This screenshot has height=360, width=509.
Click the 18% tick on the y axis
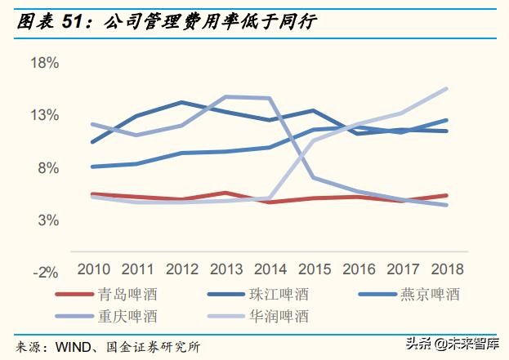pyautogui.click(x=44, y=63)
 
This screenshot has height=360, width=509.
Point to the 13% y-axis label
pyautogui.click(x=44, y=115)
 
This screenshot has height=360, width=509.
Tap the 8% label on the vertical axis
pyautogui.click(x=48, y=167)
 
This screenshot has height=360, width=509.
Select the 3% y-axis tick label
pyautogui.click(x=48, y=220)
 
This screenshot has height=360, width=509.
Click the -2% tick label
pyautogui.click(x=46, y=272)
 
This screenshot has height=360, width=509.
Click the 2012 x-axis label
pyautogui.click(x=181, y=269)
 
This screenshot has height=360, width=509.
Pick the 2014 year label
pyautogui.click(x=270, y=269)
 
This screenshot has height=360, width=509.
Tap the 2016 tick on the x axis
pyautogui.click(x=358, y=269)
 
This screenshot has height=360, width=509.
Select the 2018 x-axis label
pyautogui.click(x=446, y=269)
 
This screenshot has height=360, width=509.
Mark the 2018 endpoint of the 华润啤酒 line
pyautogui.click(x=446, y=88)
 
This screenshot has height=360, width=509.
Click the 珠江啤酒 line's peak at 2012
pyautogui.click(x=181, y=102)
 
